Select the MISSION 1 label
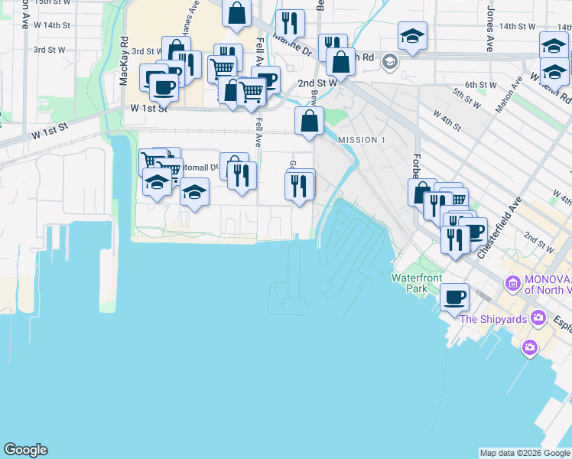tap(362, 140)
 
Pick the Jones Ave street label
tap(489, 31)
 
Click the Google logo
tap(25, 450)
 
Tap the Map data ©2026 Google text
tap(525, 453)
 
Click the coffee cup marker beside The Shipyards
tap(455, 297)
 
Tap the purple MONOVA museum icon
tap(512, 285)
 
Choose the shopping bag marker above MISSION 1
tap(309, 121)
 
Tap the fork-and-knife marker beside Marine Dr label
tap(289, 22)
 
